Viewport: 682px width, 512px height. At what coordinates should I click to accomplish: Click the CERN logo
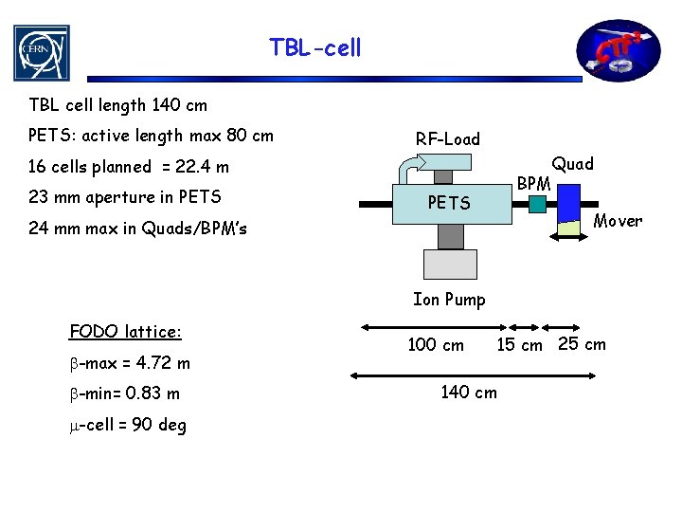(41, 52)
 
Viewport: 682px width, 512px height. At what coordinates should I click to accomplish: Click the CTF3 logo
(621, 52)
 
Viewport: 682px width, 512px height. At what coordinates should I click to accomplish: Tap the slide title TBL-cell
(314, 46)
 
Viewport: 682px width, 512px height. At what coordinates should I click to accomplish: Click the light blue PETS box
(449, 203)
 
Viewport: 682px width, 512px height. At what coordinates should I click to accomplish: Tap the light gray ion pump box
(449, 264)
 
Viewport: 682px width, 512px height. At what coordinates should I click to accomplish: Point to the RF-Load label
(447, 139)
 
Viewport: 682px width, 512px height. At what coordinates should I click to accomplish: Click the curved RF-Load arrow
(407, 172)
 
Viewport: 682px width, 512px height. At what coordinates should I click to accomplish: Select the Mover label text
(618, 222)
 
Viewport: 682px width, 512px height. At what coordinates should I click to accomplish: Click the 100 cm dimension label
(436, 345)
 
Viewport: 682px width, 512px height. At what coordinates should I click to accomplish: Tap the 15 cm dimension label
(520, 345)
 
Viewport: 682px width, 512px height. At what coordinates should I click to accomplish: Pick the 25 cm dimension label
(582, 343)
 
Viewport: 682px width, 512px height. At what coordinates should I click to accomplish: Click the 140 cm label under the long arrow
(469, 392)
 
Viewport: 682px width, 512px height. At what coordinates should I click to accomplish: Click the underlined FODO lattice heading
(125, 332)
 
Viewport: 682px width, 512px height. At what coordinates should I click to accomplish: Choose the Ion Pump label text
(449, 300)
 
